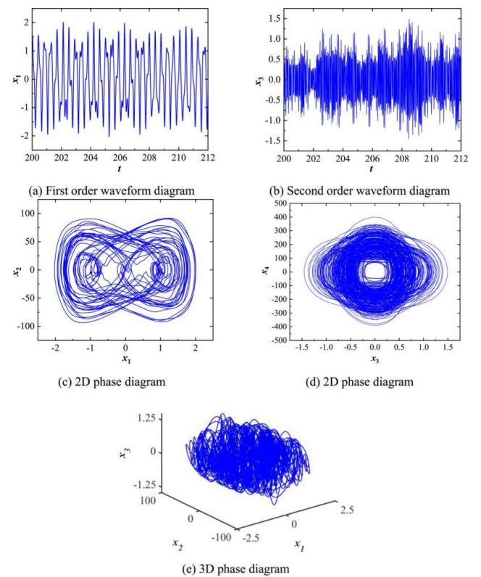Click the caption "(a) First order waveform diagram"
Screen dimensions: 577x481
[x=121, y=191]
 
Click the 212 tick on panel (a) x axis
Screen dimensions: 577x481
[x=208, y=159]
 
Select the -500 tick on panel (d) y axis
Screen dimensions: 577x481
[x=279, y=340]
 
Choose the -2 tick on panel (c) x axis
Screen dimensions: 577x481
[x=54, y=349]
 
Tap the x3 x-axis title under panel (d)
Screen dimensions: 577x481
[x=375, y=360]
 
